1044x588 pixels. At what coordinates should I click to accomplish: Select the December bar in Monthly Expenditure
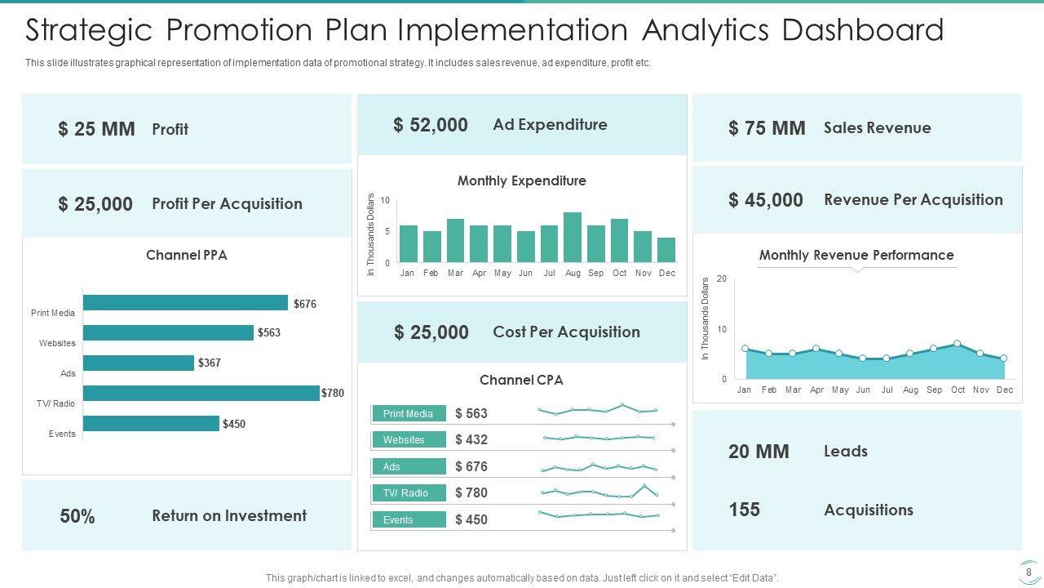point(666,250)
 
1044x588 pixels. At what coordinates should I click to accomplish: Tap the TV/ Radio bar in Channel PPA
point(201,394)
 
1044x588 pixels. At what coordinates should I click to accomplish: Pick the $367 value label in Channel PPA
point(210,363)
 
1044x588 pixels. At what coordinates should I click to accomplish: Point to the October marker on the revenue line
point(957,344)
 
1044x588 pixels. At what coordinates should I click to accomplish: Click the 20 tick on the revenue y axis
point(721,279)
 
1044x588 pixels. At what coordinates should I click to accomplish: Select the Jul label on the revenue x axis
point(887,390)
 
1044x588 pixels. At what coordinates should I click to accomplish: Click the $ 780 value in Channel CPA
point(471,492)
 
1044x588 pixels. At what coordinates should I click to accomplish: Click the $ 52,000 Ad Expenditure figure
point(431,125)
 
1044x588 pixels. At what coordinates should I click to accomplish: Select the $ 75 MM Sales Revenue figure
point(767,128)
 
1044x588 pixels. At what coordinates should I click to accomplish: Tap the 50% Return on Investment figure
point(77,517)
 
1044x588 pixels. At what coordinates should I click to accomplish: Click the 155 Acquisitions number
point(744,510)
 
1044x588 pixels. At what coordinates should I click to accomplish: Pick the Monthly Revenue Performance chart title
point(856,256)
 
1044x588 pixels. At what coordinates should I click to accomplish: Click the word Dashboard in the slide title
point(862,31)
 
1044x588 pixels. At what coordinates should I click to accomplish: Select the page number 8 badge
point(1029,572)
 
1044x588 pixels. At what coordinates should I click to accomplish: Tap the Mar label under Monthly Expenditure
point(455,274)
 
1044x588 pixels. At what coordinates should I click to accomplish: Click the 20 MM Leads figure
point(759,452)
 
